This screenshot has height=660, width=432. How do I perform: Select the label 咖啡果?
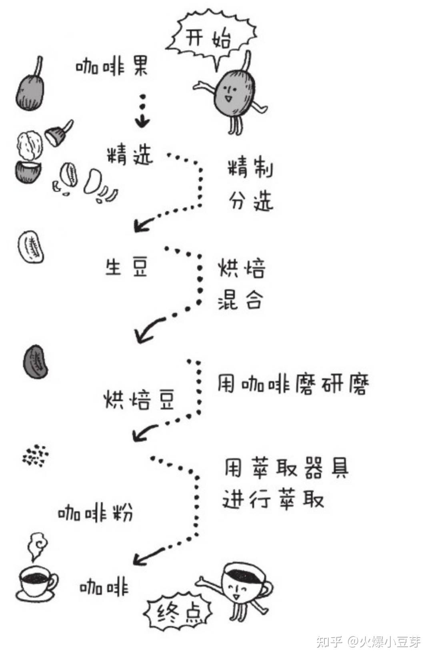pos(112,66)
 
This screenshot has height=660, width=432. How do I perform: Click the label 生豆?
pos(126,267)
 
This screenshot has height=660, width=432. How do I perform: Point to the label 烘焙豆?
pos(139,399)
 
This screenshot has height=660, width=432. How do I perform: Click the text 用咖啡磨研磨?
pos(292,385)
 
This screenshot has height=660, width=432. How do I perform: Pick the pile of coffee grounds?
pos(36,455)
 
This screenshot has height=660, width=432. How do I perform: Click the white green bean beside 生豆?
pos(31,247)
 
